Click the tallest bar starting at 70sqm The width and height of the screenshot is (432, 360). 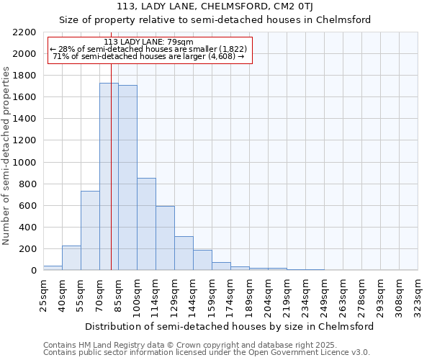[109, 176]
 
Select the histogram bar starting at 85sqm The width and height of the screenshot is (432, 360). [127, 177]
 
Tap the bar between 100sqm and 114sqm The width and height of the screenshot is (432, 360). [146, 224]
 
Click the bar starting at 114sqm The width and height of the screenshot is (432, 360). [165, 238]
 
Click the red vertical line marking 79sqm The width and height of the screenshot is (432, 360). [111, 144]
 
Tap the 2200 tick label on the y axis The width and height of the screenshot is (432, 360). [24, 32]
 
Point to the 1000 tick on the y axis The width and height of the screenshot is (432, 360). [24, 163]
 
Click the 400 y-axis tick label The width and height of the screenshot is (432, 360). [27, 228]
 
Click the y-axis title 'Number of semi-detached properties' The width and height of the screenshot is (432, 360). [7, 156]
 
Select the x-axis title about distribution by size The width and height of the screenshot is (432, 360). [230, 326]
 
